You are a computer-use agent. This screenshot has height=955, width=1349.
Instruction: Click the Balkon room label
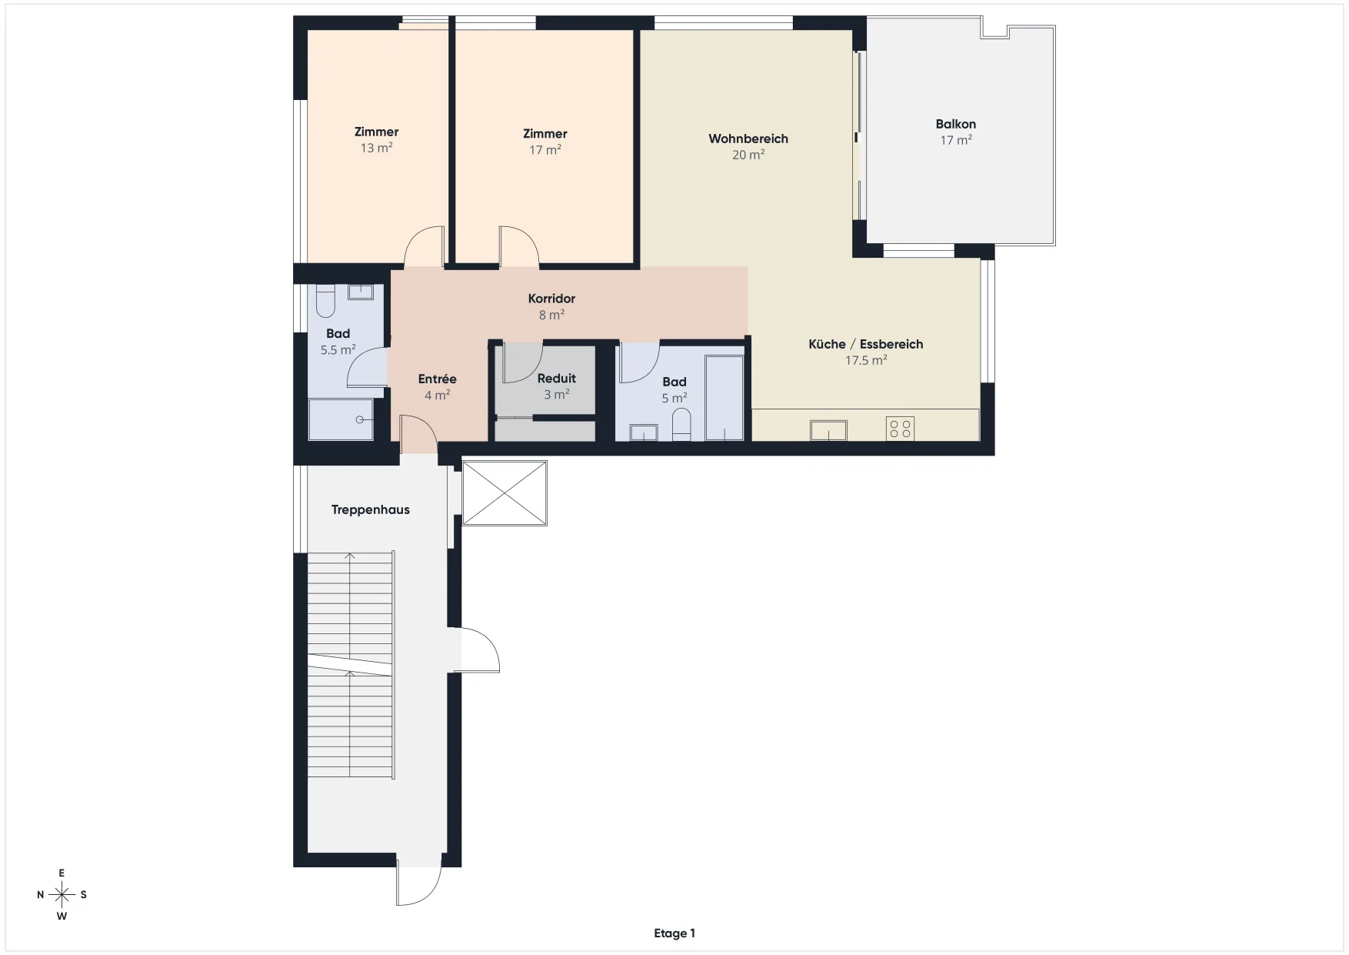click(x=955, y=124)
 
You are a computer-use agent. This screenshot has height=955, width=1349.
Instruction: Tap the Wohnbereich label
click(x=748, y=139)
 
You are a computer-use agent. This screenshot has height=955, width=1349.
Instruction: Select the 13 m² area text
click(x=377, y=148)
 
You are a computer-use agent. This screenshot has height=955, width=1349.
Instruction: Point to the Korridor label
click(x=551, y=299)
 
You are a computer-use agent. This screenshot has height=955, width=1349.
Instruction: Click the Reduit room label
click(x=557, y=379)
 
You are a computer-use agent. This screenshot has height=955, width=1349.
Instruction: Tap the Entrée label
click(x=438, y=379)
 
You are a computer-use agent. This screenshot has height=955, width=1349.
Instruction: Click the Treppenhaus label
click(x=371, y=509)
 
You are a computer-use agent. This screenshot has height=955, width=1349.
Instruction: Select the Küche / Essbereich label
click(x=866, y=344)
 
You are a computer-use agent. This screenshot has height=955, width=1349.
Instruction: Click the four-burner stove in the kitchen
click(x=901, y=429)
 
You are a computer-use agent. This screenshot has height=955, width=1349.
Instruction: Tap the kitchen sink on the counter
click(x=828, y=430)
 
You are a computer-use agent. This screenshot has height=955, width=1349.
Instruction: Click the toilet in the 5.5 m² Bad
click(x=325, y=301)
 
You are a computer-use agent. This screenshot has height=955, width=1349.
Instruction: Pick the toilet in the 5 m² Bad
click(x=681, y=425)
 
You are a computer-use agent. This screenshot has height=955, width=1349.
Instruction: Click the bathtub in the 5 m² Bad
click(x=724, y=398)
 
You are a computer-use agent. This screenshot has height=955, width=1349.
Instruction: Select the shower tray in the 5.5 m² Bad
click(x=341, y=419)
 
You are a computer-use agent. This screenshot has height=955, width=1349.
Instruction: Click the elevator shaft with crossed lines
click(x=505, y=493)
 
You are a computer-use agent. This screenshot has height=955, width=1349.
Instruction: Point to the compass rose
click(x=62, y=894)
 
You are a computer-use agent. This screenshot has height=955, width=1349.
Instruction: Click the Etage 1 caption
click(x=674, y=933)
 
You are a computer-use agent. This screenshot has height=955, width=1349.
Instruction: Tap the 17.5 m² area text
click(x=866, y=360)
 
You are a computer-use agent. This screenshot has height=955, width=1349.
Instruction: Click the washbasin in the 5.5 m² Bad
click(x=361, y=292)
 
